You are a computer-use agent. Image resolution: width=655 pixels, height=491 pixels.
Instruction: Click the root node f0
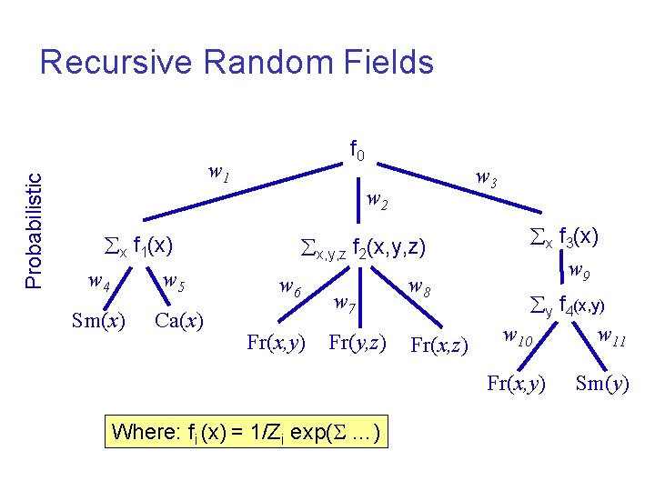pyautogui.click(x=357, y=150)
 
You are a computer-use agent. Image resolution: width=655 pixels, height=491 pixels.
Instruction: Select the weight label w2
pyautogui.click(x=377, y=200)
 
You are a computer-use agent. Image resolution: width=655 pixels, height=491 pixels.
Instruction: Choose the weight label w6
pyautogui.click(x=291, y=288)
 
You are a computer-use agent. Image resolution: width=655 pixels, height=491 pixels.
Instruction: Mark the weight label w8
pyautogui.click(x=419, y=288)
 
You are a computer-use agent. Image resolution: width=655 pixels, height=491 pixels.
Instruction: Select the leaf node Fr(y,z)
pyautogui.click(x=358, y=343)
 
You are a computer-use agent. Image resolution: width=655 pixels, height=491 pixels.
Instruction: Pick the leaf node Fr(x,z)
pyautogui.click(x=439, y=346)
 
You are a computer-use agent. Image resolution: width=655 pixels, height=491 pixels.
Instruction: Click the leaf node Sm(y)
pyautogui.click(x=602, y=383)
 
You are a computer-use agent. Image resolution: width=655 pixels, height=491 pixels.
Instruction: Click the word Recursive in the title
pyautogui.click(x=117, y=63)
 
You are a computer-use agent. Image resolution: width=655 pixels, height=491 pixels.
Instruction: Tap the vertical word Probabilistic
pyautogui.click(x=34, y=219)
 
